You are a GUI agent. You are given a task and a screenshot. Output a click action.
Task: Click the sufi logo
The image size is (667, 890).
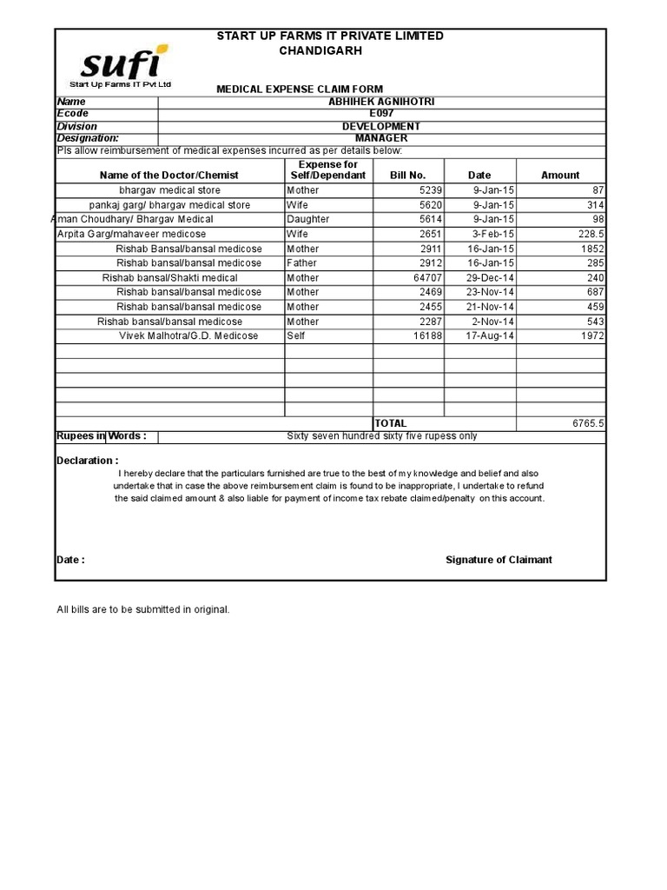[x=122, y=65]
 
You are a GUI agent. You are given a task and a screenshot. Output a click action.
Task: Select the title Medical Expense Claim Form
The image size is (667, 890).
[x=299, y=90]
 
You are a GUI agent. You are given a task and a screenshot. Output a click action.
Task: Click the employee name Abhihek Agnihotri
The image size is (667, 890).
[x=381, y=102]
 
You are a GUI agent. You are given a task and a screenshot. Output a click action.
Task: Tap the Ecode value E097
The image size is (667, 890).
[x=381, y=114]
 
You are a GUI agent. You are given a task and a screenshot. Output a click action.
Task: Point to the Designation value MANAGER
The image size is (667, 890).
[x=381, y=138]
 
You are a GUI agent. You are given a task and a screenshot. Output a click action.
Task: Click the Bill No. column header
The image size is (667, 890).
[x=408, y=175]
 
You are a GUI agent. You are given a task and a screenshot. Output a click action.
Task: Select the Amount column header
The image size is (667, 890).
[x=560, y=175]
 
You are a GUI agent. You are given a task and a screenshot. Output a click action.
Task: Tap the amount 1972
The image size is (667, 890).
[x=592, y=336]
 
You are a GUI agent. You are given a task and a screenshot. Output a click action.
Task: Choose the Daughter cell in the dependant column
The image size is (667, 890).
[x=308, y=220]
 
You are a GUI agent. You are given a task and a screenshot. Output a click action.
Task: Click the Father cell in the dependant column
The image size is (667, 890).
[x=302, y=263]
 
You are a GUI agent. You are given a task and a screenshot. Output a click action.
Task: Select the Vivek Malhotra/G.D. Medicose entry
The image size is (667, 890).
[x=188, y=336]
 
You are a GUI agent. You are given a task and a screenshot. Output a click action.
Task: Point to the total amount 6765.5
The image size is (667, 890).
[x=588, y=423]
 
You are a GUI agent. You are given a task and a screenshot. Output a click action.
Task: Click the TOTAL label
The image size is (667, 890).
[x=391, y=423]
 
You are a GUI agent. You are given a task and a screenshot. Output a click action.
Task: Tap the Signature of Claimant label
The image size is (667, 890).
[x=499, y=560]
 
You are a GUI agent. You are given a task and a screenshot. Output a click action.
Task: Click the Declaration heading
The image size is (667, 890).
[x=88, y=461]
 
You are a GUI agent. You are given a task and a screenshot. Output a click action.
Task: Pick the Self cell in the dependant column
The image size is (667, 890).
[x=297, y=336]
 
